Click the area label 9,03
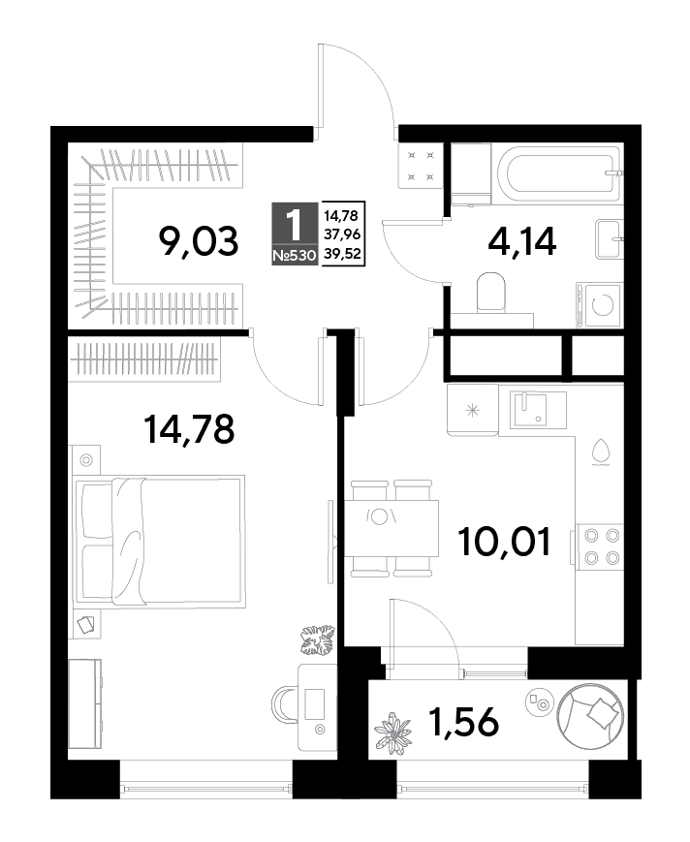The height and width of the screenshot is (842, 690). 198,242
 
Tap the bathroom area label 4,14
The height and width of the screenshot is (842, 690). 522,241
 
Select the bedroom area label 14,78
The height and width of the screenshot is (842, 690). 189,429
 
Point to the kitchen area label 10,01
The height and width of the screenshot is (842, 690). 504,542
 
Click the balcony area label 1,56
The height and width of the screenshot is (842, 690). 463,722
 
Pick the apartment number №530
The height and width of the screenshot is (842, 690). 294,256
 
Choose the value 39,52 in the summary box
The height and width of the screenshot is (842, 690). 341,253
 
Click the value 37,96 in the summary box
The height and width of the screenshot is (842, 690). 341,234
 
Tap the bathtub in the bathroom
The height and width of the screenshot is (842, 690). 559,172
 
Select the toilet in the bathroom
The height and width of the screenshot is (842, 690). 491,293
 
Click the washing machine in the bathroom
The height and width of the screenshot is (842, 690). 600,305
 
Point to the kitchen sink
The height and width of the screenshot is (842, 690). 532,409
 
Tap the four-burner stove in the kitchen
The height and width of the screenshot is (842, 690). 600,546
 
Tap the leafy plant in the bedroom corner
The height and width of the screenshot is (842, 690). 317,640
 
